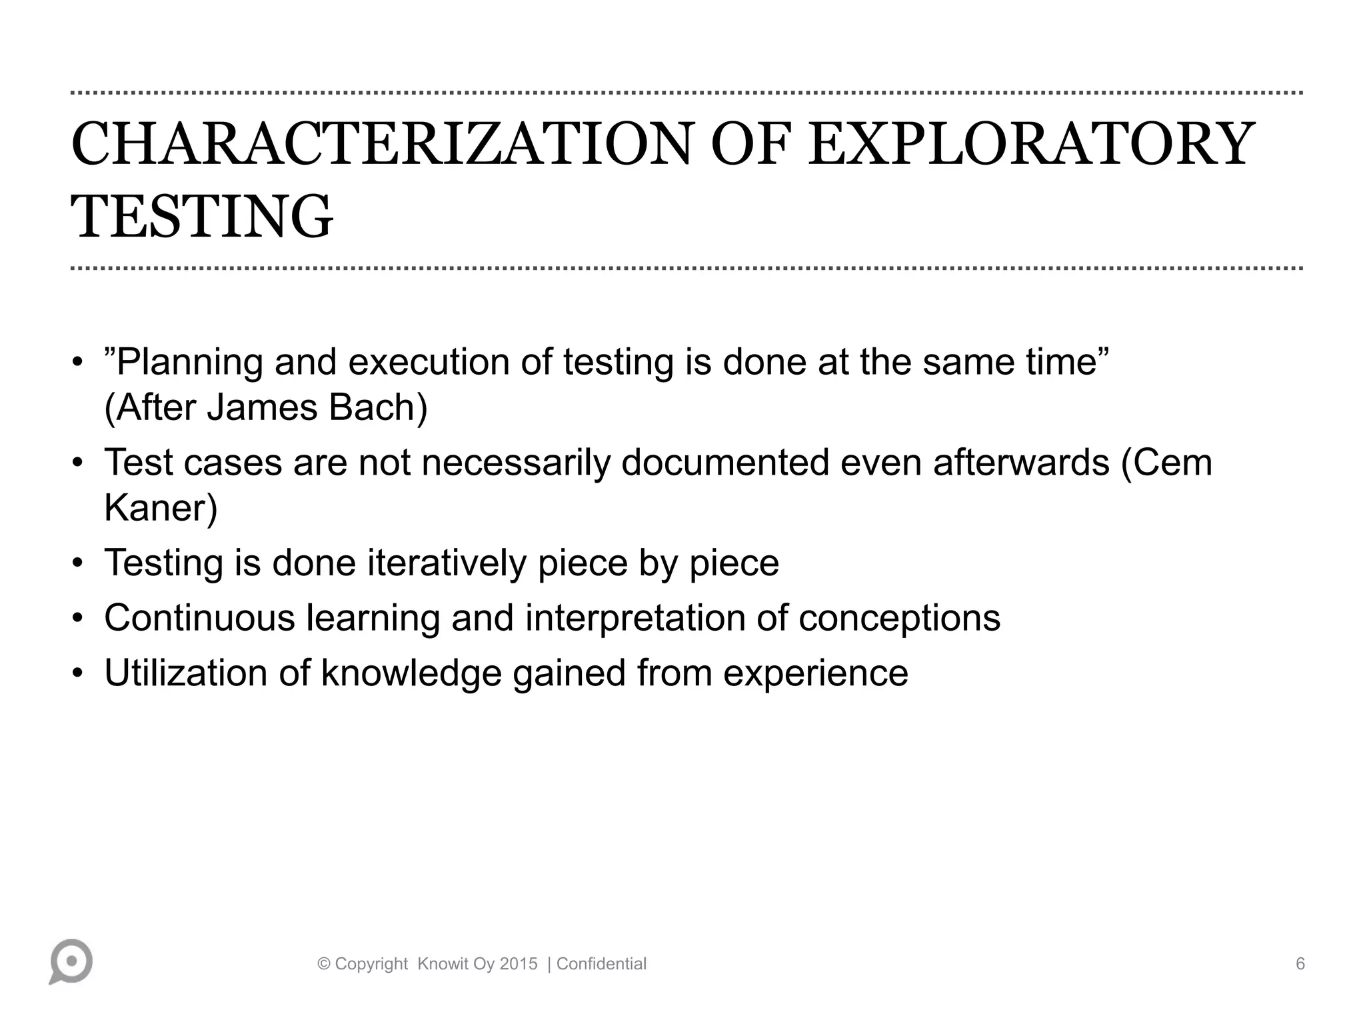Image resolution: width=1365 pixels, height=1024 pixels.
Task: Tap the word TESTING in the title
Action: point(201,217)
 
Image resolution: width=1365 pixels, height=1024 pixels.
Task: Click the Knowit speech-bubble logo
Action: point(71,961)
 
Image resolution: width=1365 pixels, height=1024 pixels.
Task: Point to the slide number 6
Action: point(1300,964)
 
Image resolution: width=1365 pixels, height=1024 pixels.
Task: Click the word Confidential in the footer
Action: point(601,964)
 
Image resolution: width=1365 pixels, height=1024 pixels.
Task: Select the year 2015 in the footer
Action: point(519,964)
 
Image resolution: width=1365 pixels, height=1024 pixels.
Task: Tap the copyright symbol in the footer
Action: point(325,964)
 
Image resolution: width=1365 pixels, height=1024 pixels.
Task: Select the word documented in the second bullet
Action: point(725,462)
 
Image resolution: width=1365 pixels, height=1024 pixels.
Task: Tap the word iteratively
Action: point(447,563)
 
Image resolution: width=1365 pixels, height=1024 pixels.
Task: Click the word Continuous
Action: point(199,617)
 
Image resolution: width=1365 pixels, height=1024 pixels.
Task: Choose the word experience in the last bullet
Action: point(815,673)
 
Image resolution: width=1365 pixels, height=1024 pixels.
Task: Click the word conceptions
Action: point(899,619)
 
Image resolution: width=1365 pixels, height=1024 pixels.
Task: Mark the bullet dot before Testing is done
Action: point(78,563)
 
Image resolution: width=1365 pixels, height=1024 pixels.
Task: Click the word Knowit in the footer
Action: point(443,964)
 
